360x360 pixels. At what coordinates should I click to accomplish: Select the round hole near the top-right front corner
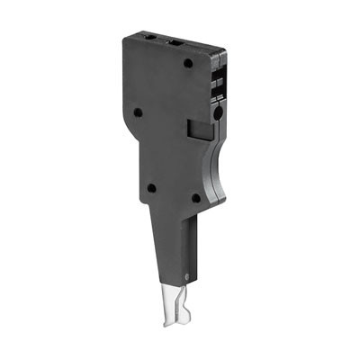click(x=187, y=63)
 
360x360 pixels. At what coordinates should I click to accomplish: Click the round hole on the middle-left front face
click(x=138, y=113)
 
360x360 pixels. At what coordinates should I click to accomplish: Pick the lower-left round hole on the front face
click(x=151, y=188)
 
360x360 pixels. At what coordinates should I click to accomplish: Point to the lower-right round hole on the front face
click(x=195, y=198)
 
